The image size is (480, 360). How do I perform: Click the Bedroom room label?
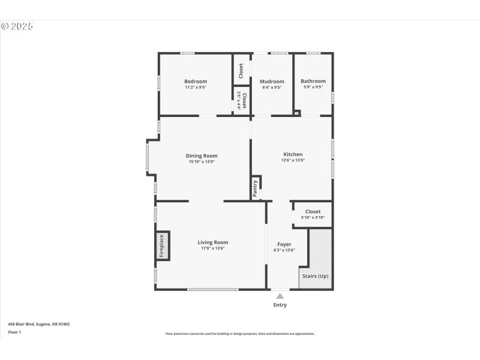(196, 82)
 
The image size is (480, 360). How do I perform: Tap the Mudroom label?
(271, 82)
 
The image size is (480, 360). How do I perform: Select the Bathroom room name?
(313, 82)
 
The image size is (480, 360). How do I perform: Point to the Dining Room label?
(202, 155)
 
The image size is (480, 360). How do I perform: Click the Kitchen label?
(293, 154)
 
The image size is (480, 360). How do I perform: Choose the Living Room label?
(213, 242)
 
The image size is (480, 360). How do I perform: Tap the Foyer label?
(284, 244)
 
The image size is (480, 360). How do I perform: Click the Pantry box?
(256, 188)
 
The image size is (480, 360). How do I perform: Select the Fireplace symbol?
(162, 246)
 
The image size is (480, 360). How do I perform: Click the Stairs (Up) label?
(315, 276)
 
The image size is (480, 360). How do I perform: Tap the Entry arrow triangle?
(280, 296)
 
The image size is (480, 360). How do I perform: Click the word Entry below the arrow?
(280, 305)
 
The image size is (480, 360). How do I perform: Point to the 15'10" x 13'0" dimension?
(202, 161)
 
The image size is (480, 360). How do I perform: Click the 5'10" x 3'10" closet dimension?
(313, 217)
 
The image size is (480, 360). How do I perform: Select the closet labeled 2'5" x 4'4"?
(241, 100)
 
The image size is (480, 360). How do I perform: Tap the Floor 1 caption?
(14, 332)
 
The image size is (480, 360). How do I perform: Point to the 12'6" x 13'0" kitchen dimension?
(293, 160)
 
